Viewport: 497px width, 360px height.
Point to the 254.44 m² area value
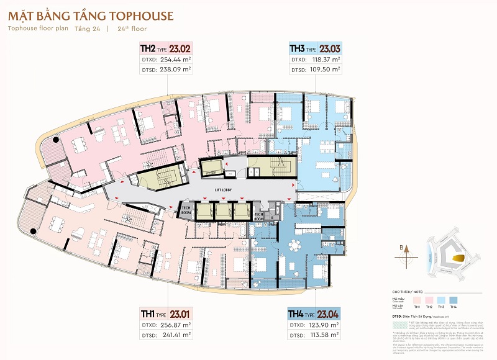tap(171, 60)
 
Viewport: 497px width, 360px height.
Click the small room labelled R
tap(272, 218)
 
